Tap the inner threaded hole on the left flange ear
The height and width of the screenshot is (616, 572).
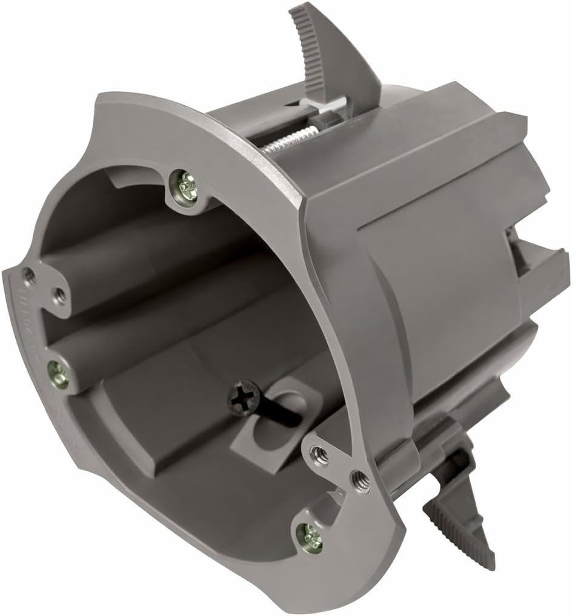tap(59, 295)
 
